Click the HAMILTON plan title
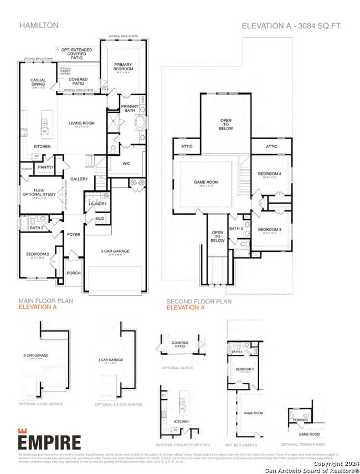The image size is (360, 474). [39, 25]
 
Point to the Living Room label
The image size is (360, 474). [82, 123]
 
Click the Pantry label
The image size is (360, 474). [46, 166]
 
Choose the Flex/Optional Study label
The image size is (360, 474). [39, 191]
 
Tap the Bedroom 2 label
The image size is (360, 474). [38, 254]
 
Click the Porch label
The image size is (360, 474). [74, 273]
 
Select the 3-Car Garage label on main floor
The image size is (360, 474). [115, 251]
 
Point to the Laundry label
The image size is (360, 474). [97, 204]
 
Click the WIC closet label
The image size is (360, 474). [126, 163]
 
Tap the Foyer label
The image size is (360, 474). [74, 234]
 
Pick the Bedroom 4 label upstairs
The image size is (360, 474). [270, 174]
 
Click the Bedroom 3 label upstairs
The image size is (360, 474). [270, 229]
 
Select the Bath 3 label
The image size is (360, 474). [236, 228]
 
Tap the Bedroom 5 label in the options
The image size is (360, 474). [245, 369]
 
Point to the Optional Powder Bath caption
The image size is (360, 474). [302, 444]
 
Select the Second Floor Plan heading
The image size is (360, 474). [199, 301]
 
